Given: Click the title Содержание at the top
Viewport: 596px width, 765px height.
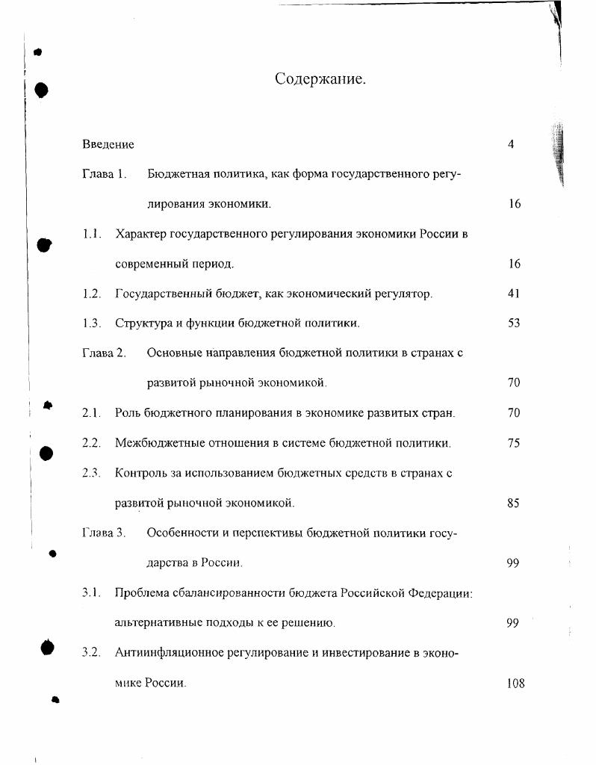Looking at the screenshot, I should tap(321, 79).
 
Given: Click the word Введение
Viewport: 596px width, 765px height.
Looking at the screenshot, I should tap(108, 144).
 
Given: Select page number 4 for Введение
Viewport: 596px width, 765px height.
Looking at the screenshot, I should tap(511, 144).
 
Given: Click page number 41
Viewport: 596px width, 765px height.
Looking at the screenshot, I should tap(513, 294).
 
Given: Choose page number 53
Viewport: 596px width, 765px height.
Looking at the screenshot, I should tap(513, 323).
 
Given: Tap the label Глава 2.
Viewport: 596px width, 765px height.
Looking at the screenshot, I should tap(103, 353).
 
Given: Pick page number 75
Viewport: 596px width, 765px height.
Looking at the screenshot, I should tap(513, 443).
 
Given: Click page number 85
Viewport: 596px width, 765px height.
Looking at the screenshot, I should tap(513, 504).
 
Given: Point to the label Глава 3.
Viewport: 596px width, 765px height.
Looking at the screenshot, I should tap(103, 533).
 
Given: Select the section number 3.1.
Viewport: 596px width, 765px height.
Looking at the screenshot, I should tap(91, 593).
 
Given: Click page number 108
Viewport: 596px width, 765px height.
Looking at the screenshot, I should tap(515, 683).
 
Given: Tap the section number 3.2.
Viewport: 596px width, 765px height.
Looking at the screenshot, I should tap(91, 653).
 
